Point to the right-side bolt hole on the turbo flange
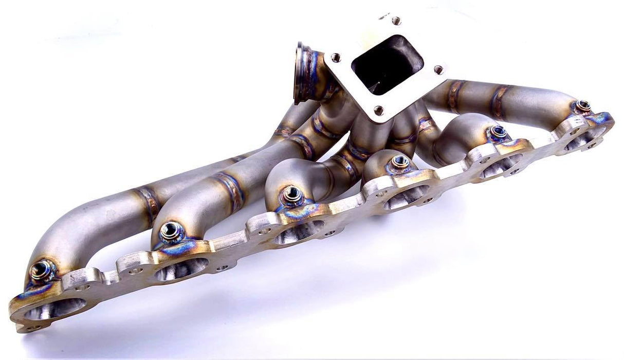(438, 68)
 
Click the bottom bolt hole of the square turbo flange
(378, 110)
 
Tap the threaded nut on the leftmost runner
(41, 269)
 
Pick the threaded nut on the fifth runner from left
(497, 132)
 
